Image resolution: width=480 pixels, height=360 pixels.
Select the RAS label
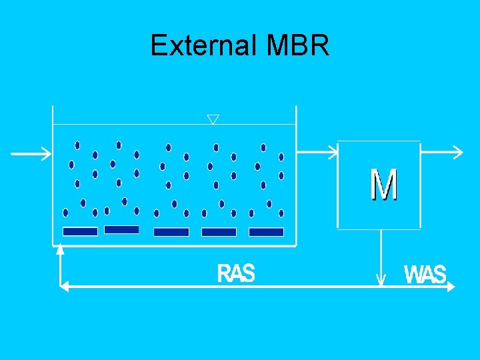pos(236,273)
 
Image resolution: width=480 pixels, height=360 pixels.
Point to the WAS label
pos(425,275)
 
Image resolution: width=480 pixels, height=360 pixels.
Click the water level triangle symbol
pos(213,119)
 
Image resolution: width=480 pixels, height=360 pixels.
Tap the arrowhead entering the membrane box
pos(333,153)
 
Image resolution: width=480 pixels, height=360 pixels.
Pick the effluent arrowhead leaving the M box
pos(456,153)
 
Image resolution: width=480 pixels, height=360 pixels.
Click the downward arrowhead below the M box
pos(381,280)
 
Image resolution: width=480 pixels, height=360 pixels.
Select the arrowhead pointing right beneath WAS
pos(451,286)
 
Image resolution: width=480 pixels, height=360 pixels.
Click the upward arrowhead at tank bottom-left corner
pos(61,250)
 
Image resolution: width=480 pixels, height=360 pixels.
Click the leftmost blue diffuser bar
pos(80,231)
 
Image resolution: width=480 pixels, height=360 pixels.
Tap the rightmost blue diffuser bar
pos(266,232)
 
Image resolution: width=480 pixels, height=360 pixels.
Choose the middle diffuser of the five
pos(171,232)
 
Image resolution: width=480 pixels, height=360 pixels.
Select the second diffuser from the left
pos(122,229)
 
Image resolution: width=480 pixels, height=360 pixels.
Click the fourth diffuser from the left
pos(219,232)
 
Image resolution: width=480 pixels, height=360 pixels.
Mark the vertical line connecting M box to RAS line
pos(381,253)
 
